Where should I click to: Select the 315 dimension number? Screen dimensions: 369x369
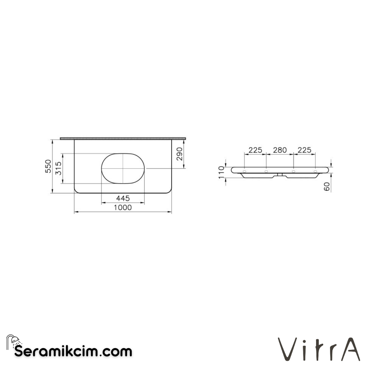58,168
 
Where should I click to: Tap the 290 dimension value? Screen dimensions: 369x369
180,154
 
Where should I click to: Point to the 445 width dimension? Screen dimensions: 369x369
123,198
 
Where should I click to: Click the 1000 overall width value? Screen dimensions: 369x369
123,207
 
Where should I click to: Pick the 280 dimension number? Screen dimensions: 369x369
279,150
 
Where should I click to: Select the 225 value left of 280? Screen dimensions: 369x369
255,150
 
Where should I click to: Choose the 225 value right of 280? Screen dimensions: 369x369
304,150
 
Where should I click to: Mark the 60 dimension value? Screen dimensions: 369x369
327,187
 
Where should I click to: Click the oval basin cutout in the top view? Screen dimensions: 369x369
123,168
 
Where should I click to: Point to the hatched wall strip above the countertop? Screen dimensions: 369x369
123,138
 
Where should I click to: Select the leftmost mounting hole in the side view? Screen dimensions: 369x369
244,170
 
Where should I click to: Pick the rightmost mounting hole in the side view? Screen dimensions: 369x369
315,170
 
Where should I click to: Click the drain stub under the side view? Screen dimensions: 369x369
280,175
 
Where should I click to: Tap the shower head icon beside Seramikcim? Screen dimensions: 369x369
13,341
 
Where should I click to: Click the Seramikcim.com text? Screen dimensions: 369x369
73,351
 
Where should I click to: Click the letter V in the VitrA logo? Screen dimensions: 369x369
287,350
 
